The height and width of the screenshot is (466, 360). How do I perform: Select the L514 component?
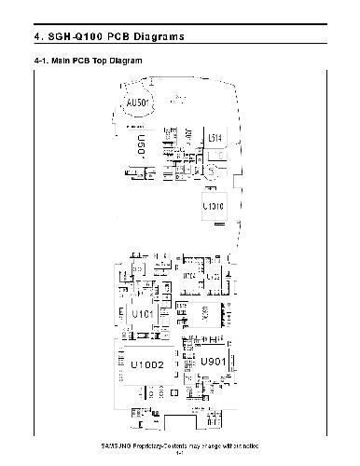[215, 138]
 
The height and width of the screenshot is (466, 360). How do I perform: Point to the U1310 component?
[213, 205]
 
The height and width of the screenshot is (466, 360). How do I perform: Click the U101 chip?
[143, 315]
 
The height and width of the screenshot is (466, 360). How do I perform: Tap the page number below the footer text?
[180, 457]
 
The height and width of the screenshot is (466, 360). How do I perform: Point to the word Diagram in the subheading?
[125, 61]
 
